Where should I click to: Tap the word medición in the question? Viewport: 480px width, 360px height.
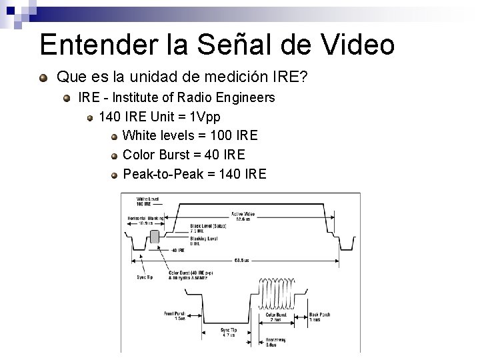pos(234,78)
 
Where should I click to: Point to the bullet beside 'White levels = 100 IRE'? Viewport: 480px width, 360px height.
pos(115,137)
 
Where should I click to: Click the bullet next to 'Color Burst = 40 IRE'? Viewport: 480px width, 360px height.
pos(115,156)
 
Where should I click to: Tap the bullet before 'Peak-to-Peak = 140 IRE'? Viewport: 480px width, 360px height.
pos(115,175)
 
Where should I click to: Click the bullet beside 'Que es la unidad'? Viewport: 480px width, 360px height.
pos(44,79)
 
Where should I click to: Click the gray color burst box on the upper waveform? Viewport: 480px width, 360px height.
pos(155,236)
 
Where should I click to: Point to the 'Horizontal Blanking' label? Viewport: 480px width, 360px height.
pos(146,221)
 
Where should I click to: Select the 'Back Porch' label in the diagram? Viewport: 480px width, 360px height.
pos(319,316)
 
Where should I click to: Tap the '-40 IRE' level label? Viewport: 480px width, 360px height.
pos(178,251)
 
